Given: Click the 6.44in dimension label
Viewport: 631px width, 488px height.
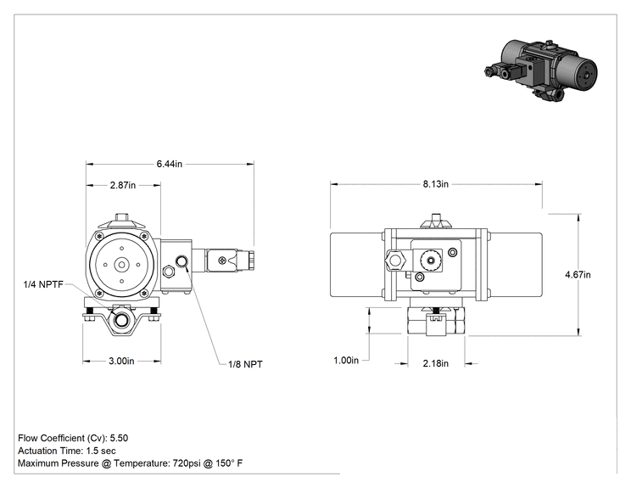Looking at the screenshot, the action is point(169,164).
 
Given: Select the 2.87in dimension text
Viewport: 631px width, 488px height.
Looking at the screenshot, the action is point(123,185).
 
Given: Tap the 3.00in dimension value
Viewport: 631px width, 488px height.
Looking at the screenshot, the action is point(121,361).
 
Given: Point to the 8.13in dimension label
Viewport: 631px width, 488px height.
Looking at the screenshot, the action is point(435,184).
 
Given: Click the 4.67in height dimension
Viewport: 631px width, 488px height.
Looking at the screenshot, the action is point(578,275).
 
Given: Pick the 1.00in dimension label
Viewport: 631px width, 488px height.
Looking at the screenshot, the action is point(346,360).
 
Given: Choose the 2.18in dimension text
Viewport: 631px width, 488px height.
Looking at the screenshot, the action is point(435,363).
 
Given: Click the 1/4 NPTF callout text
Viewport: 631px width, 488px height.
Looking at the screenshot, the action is point(43,284).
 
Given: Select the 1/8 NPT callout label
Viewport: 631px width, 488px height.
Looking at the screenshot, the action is point(245,364).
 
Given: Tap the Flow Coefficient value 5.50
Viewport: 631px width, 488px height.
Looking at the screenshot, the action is point(119,438).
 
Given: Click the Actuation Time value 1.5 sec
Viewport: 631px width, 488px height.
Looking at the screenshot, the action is point(101,451).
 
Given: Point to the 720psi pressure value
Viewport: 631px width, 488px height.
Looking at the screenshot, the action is point(187,463).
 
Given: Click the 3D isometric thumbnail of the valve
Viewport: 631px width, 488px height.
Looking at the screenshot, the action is point(540,70).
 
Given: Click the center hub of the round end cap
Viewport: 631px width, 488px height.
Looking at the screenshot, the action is point(121,265).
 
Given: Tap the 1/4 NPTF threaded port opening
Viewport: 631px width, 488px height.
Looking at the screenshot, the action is point(120,321).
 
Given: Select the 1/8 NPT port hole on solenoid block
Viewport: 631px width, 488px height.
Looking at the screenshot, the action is point(182,261).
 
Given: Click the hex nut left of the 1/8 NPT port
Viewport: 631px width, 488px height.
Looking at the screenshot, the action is point(168,272).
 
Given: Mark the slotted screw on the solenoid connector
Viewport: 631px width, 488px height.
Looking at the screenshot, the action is point(222,261).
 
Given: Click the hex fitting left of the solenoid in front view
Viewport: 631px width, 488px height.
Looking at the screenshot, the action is point(394,261).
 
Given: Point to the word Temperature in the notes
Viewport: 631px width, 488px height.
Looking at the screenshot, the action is point(141,463).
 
